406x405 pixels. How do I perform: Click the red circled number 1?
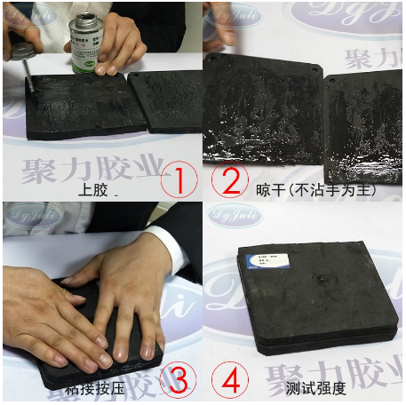[179, 181]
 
